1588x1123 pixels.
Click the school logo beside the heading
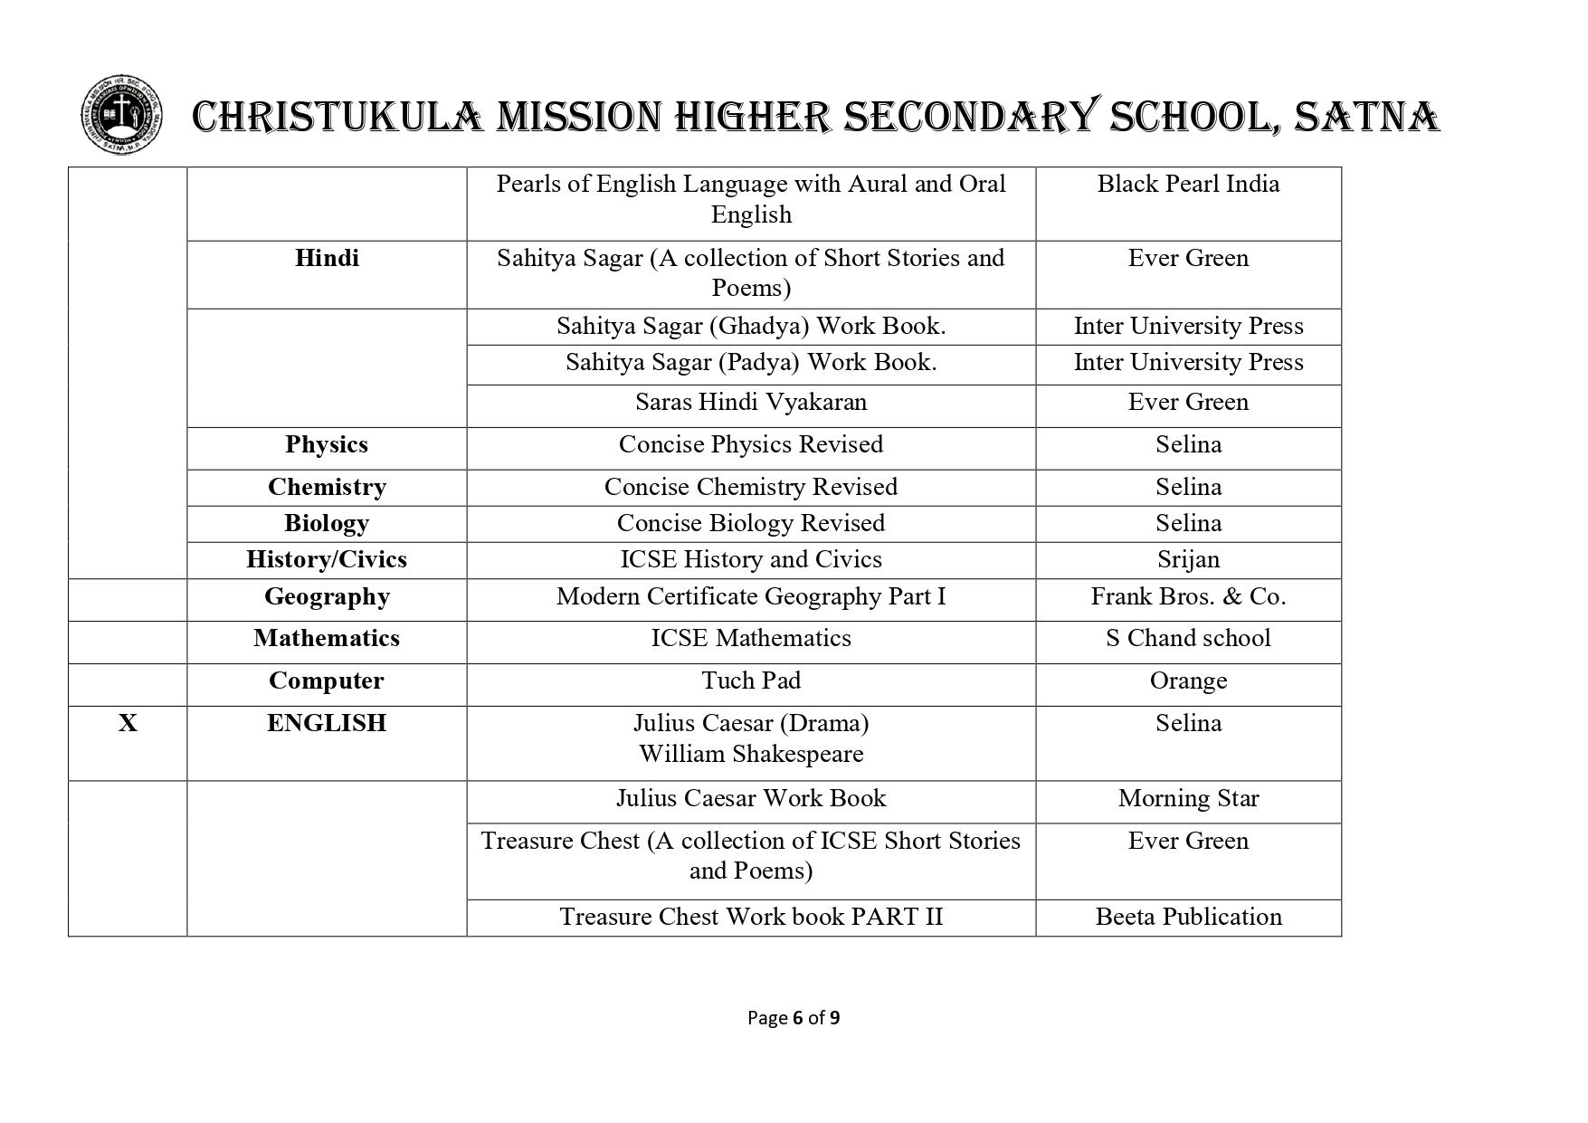tap(121, 117)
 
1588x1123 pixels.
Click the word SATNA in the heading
tap(1366, 118)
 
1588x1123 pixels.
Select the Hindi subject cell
tap(327, 259)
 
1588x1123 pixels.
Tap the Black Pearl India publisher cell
tap(1188, 185)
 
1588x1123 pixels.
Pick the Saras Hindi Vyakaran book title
tap(751, 403)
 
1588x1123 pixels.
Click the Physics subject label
tap(327, 445)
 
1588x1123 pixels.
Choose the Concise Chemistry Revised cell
tap(751, 488)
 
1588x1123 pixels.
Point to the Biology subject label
tap(327, 524)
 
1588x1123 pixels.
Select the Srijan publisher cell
tap(1188, 560)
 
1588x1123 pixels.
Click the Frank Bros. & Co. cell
tap(1188, 597)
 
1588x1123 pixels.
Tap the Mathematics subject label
tap(327, 639)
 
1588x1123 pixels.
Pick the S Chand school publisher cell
tap(1188, 639)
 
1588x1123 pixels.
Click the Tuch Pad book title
tap(751, 681)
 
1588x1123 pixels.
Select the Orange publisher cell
tap(1188, 681)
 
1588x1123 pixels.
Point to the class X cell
tap(128, 724)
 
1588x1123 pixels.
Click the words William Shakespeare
tap(751, 755)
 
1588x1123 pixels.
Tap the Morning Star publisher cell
tap(1188, 799)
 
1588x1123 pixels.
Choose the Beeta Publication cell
tap(1188, 918)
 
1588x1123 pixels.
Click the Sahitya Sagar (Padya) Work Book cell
tap(751, 363)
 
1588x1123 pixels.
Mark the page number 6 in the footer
tap(797, 1018)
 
